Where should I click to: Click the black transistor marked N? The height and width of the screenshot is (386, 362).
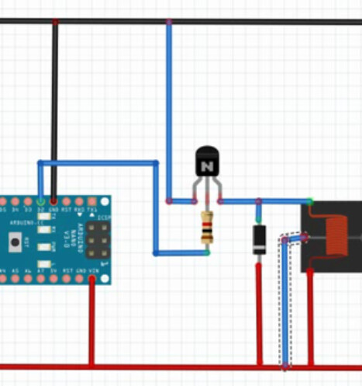(206, 163)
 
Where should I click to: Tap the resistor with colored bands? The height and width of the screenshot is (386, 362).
(206, 226)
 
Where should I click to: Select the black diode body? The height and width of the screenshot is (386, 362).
(259, 238)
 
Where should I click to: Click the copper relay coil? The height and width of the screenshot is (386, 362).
(336, 237)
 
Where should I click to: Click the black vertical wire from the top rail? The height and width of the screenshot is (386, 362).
(54, 109)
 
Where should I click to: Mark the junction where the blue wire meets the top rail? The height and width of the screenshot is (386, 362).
(169, 22)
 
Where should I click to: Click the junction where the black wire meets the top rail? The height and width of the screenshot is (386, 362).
(54, 22)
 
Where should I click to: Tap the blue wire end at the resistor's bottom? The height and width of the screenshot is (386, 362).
(206, 252)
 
